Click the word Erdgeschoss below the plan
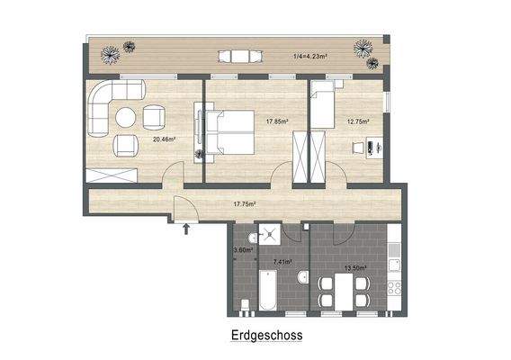click(x=264, y=335)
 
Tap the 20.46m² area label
click(x=163, y=139)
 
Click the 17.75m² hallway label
click(x=245, y=204)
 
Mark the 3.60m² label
click(x=241, y=250)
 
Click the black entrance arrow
click(x=186, y=230)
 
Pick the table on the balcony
click(x=238, y=57)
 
